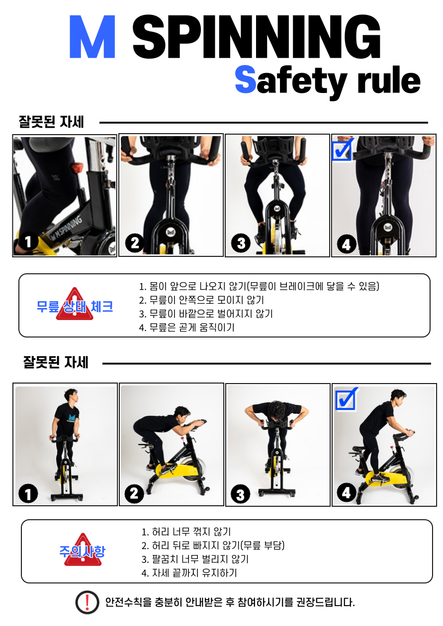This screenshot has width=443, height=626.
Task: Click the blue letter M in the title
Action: click(x=92, y=37)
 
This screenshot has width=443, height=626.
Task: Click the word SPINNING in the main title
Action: click(x=257, y=37)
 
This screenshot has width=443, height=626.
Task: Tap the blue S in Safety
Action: click(x=245, y=79)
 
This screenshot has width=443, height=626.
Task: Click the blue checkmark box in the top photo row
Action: click(x=342, y=150)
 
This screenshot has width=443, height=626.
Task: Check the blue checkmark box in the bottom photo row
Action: click(x=346, y=398)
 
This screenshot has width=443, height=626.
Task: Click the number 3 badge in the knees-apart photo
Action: click(x=241, y=243)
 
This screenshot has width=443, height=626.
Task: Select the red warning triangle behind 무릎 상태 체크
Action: click(x=75, y=305)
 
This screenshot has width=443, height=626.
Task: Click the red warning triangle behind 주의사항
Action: click(x=83, y=550)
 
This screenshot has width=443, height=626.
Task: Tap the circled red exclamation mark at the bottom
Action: click(x=87, y=602)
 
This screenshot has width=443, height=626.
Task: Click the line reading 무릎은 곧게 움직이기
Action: click(x=186, y=327)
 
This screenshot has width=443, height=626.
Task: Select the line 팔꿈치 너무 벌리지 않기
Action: click(x=195, y=559)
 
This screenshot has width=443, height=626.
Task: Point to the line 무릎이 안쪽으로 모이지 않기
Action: click(x=201, y=300)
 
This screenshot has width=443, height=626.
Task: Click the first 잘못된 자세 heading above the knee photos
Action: click(x=51, y=122)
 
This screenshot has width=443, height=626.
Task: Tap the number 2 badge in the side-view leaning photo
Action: click(x=134, y=494)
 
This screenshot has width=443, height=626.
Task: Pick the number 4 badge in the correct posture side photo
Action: click(x=346, y=493)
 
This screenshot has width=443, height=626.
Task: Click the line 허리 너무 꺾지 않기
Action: click(x=186, y=532)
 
